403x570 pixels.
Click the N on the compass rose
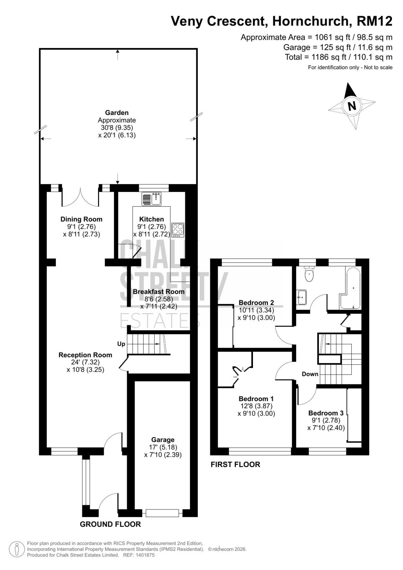click(x=352, y=105)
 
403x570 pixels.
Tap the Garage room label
click(x=163, y=440)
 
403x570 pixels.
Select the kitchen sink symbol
click(x=151, y=199)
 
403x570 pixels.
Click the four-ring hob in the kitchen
click(x=178, y=230)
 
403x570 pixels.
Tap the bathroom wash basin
click(x=302, y=297)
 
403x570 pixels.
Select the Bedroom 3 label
click(x=326, y=413)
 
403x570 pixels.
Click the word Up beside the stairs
click(x=121, y=344)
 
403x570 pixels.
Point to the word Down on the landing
click(x=310, y=374)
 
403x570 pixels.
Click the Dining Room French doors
click(x=80, y=197)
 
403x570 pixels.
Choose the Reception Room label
click(x=85, y=355)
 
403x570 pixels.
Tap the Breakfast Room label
click(x=159, y=292)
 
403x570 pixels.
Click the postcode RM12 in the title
click(x=374, y=21)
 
